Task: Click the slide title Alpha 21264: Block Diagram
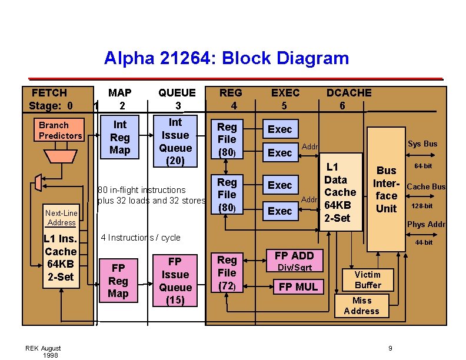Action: tap(227, 58)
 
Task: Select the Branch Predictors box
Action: tap(60, 131)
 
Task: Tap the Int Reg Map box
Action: tap(120, 137)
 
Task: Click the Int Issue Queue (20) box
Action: tap(175, 141)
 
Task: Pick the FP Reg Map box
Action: tap(118, 281)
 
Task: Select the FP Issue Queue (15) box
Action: tap(175, 281)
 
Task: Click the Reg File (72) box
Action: tap(227, 273)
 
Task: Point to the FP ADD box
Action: tap(294, 255)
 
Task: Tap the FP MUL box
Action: tap(298, 286)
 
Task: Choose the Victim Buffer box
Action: tap(368, 280)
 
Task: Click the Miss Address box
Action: tap(361, 306)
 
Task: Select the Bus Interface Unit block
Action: tap(386, 188)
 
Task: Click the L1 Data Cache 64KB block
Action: tap(340, 192)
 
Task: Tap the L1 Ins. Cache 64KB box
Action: tap(61, 258)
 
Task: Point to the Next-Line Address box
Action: tap(62, 218)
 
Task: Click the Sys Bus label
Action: tap(422, 144)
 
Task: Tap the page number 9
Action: tap(390, 348)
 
